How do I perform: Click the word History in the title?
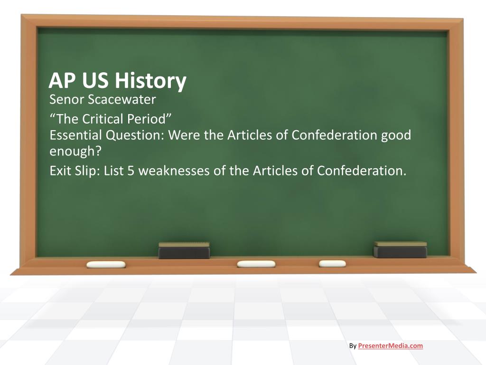tap(150, 81)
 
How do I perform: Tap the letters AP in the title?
tap(62, 80)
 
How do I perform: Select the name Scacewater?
tap(122, 99)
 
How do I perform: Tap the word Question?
tap(135, 135)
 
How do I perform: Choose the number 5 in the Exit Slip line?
tap(131, 171)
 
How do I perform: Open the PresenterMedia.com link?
tap(390, 346)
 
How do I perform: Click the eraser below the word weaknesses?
tap(184, 250)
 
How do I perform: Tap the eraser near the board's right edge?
tap(400, 250)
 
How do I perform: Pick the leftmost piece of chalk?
tap(106, 265)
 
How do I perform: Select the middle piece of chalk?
tap(256, 264)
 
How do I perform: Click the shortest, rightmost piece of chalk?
tap(333, 263)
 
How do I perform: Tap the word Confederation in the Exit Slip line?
tap(361, 171)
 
